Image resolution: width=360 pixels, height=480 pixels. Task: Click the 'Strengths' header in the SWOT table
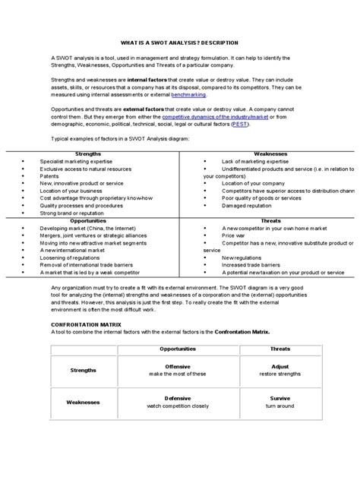[90, 153]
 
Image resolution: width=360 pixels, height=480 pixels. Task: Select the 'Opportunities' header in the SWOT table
[90, 220]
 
